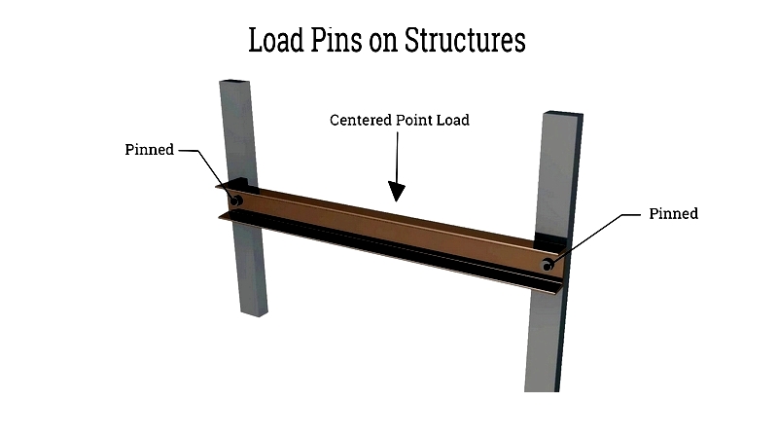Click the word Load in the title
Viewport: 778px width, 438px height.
tap(276, 40)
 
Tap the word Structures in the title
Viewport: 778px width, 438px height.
tap(465, 40)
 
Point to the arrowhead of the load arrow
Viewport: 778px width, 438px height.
tap(397, 191)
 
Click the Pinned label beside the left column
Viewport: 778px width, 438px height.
tap(150, 150)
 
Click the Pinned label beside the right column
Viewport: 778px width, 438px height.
tap(673, 213)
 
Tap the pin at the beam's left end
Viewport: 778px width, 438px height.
tap(236, 201)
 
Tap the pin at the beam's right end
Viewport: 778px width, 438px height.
tap(548, 265)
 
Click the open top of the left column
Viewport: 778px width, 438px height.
tap(233, 81)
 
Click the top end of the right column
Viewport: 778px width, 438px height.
tap(563, 114)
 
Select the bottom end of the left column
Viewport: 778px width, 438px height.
tap(254, 312)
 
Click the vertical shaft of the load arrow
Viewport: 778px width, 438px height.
tap(397, 157)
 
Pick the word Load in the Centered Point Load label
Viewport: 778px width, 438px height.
tap(452, 120)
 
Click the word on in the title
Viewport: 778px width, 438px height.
tap(383, 43)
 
